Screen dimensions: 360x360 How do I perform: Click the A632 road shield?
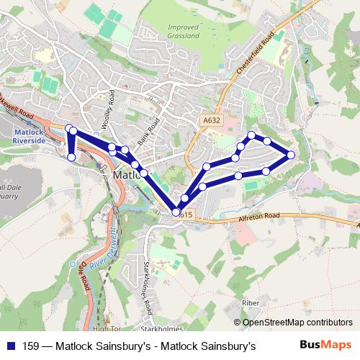(x=211, y=120)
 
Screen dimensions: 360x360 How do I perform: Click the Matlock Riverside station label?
(x=29, y=136)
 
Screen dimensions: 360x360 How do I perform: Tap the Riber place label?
(x=250, y=303)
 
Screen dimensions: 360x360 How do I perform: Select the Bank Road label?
(x=147, y=133)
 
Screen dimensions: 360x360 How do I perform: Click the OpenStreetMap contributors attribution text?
(x=297, y=323)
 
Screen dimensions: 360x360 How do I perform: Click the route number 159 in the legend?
(x=31, y=346)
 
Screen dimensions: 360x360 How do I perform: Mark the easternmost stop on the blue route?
(x=291, y=154)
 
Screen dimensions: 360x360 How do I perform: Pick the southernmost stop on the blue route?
(x=176, y=212)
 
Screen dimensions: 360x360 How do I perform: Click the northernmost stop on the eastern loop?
(x=251, y=135)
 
